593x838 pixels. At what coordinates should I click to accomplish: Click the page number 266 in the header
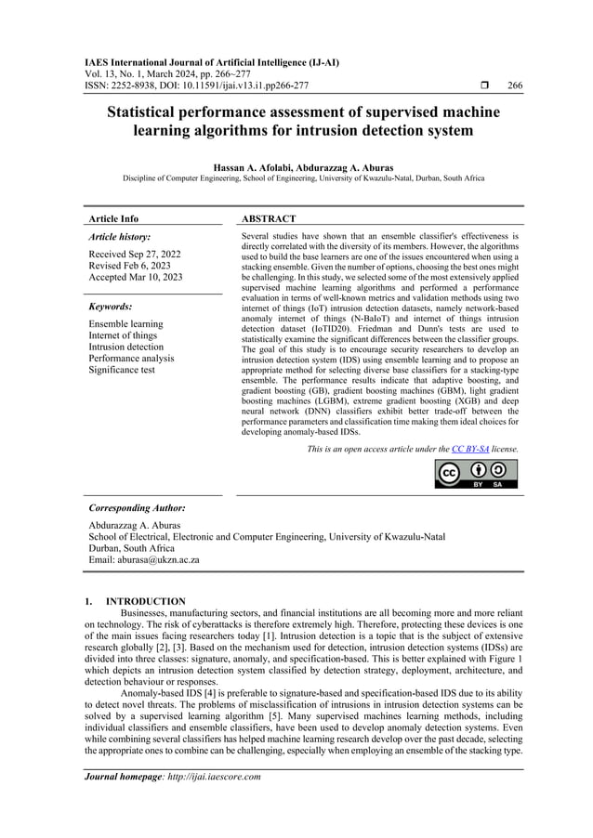[x=515, y=85]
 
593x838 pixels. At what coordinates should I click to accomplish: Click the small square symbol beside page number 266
[x=473, y=85]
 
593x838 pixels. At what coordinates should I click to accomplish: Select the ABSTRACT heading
[x=269, y=218]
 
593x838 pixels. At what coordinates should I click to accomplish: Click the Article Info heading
[x=113, y=218]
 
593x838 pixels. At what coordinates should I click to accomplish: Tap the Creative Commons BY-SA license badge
[x=477, y=474]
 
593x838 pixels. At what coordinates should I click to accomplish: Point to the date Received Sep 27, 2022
[x=135, y=253]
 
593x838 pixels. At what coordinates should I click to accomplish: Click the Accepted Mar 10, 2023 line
[x=136, y=277]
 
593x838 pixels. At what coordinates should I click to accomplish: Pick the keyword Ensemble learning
[x=125, y=324]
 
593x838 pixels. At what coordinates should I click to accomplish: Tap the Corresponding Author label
[x=137, y=508]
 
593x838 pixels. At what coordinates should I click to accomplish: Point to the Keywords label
[x=110, y=306]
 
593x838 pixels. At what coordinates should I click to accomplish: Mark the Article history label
[x=120, y=237]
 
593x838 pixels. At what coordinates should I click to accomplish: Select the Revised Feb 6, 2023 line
[x=131, y=265]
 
